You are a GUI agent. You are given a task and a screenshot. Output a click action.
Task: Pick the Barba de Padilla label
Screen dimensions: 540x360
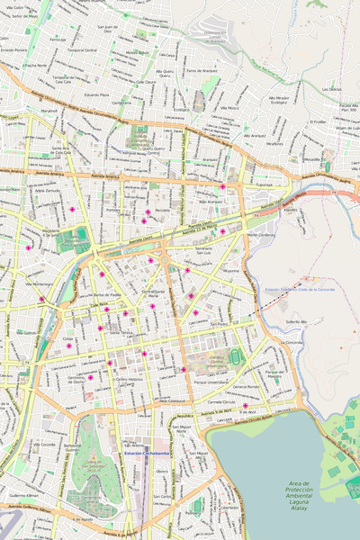point(107,295)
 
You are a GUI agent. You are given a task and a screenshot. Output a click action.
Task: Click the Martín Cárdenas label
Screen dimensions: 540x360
point(260,235)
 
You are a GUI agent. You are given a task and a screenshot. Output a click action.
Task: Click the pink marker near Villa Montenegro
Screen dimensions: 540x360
point(41,299)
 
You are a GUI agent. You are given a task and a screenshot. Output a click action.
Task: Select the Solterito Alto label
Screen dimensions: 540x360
point(297,321)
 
